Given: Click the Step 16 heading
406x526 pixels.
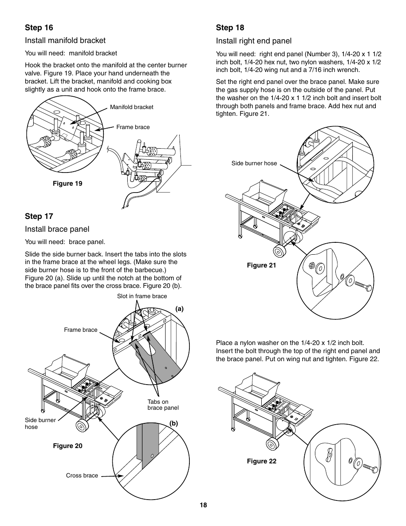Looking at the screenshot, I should tap(39, 28).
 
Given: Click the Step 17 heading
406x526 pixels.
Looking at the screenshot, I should tap(39, 216).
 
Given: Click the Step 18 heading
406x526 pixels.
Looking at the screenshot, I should tap(230, 28).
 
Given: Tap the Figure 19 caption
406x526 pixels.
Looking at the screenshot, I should tap(67, 184).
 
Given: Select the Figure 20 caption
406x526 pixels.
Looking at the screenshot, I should tap(67, 446).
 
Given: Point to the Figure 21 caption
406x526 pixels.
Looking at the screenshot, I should tap(261, 265).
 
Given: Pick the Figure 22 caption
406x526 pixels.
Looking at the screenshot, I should tap(261, 461).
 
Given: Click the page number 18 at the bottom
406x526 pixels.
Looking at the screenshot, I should tap(203, 505).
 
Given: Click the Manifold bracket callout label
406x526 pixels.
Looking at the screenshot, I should tap(132, 107).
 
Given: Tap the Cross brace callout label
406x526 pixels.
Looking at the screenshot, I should tap(82, 476).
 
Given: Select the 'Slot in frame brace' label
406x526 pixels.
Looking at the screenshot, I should tap(142, 296).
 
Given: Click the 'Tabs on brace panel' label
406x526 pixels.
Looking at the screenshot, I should tap(163, 405).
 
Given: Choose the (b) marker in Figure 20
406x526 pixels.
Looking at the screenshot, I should tap(174, 424).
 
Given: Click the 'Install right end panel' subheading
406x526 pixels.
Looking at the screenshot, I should tap(254, 41).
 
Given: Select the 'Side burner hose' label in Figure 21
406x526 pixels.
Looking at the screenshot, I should tap(254, 163).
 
